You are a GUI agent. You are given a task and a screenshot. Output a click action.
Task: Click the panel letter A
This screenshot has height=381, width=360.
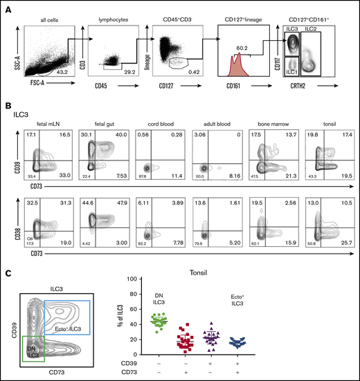coord(8,8)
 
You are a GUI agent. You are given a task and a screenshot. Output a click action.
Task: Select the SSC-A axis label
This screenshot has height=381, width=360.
coord(17,49)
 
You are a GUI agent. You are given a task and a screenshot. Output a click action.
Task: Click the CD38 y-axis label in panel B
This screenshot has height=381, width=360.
coord(14,222)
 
